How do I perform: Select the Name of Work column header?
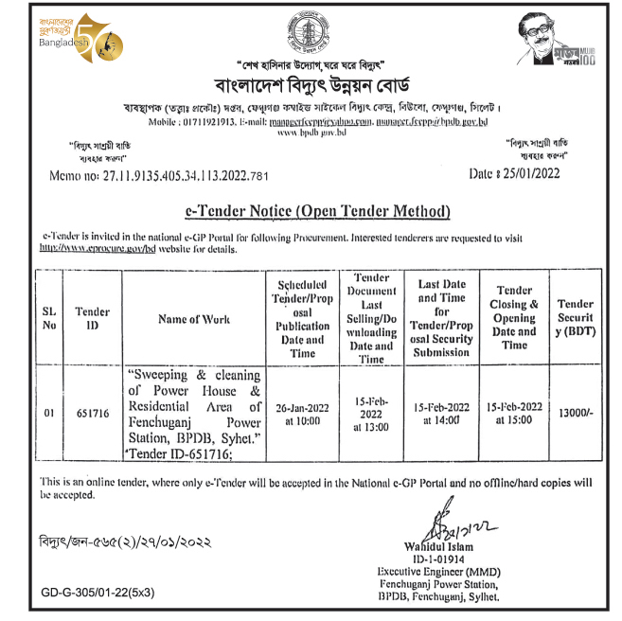(193, 319)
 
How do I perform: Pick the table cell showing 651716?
(92, 414)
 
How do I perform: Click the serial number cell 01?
(49, 414)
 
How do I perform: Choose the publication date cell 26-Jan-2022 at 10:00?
(302, 414)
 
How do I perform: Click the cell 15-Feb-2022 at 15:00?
(513, 413)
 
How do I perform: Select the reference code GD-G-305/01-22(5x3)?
(98, 593)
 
